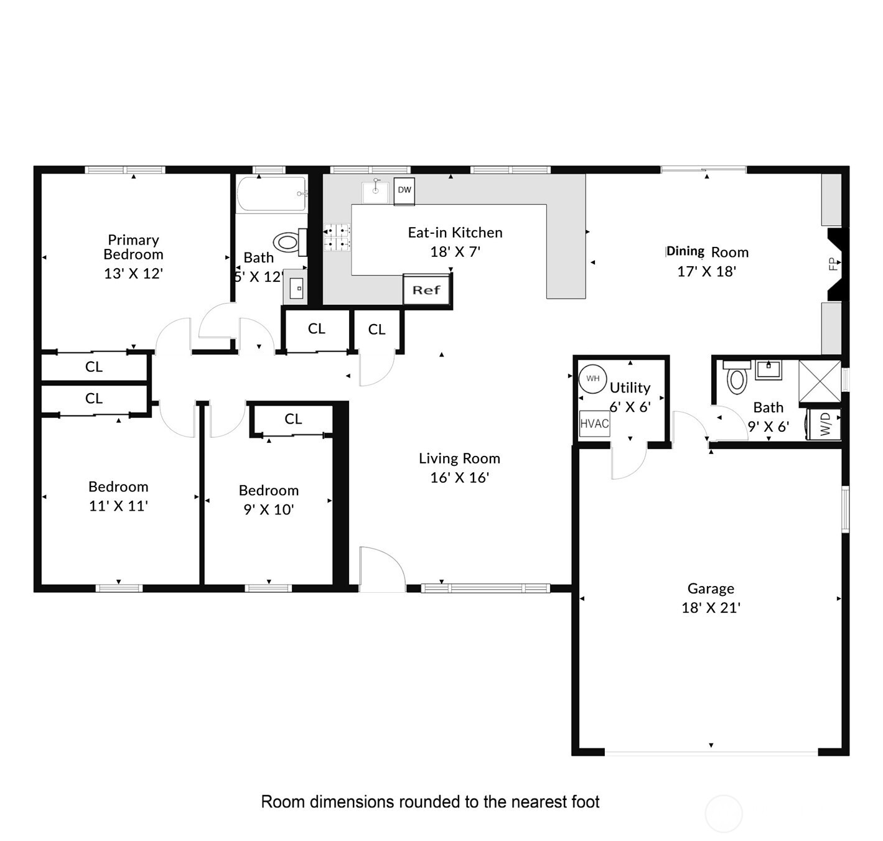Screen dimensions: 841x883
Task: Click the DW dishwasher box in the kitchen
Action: coord(404,190)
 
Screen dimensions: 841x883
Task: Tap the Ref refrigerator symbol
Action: coord(426,290)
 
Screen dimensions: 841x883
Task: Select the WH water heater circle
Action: coord(592,378)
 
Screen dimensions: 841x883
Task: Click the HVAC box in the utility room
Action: coord(594,424)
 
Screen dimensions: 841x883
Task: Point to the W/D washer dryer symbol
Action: coord(825,424)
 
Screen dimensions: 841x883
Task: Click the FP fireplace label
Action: coord(833,264)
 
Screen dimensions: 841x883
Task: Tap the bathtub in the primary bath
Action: coord(271,194)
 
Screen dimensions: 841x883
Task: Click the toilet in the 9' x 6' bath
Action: coord(737,378)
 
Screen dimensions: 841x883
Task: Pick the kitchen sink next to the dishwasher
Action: coord(376,191)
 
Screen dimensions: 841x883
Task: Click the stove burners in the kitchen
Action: coord(337,238)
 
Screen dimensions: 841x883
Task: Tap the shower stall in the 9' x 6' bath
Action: coord(820,381)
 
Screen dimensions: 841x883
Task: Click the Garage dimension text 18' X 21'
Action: coord(711,608)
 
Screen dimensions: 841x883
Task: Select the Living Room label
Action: coord(459,458)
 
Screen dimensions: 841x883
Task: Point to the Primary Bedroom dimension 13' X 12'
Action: coord(133,273)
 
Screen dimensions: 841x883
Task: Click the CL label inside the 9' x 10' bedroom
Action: coord(293,419)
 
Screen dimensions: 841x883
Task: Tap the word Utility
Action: coord(630,388)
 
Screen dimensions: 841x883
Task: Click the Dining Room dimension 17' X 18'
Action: coord(707,271)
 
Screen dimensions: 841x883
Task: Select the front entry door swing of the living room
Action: coord(379,567)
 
